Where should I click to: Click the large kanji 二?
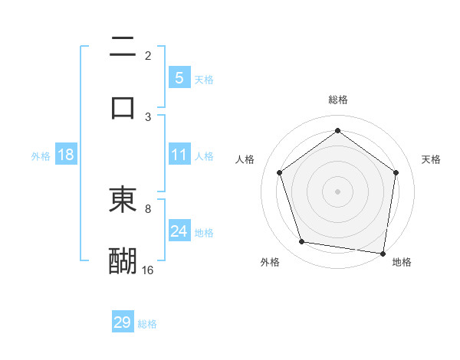(x=123, y=47)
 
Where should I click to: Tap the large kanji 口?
(x=123, y=106)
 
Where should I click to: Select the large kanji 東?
(x=123, y=201)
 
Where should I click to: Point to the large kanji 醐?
(x=123, y=260)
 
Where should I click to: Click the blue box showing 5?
(x=179, y=77)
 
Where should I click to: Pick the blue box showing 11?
(x=179, y=155)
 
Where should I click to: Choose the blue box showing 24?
(x=179, y=231)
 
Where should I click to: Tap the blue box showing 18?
(x=66, y=155)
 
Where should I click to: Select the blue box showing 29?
(x=123, y=322)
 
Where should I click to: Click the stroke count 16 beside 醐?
(x=148, y=270)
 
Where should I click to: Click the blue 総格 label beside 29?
(x=147, y=324)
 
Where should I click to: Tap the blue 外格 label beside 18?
(x=41, y=155)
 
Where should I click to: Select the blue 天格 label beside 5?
(x=204, y=79)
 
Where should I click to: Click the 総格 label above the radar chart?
(x=338, y=100)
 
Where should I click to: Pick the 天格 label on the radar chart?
(x=432, y=159)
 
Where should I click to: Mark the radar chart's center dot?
(x=338, y=191)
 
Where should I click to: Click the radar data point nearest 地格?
(x=383, y=253)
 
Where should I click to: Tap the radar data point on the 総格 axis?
(x=338, y=131)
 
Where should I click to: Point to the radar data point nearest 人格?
(x=279, y=172)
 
